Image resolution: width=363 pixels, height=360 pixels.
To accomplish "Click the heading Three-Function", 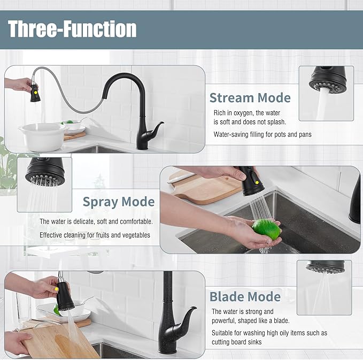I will click(73, 29).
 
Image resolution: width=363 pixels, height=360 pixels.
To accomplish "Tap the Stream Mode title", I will click(250, 98).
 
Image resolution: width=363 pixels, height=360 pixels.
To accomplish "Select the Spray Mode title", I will click(118, 202).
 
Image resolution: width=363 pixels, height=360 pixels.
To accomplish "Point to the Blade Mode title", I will click(245, 297).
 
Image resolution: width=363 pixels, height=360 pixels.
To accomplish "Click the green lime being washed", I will click(266, 228).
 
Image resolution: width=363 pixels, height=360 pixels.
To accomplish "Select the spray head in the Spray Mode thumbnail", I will click(45, 173).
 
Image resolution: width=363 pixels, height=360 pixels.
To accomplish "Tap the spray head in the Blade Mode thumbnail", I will click(325, 266).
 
